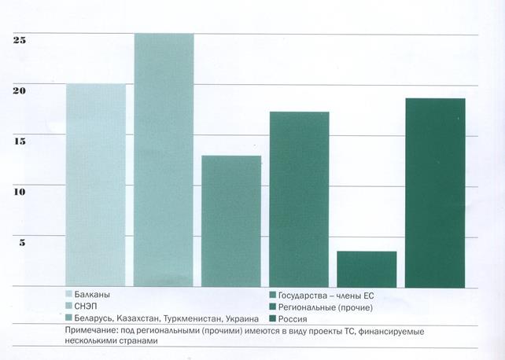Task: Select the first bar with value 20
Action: coord(96,185)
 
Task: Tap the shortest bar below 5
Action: coord(367,269)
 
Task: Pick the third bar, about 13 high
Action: coord(231,221)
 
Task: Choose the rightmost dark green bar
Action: coord(435,193)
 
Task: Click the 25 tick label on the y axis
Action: coord(19,40)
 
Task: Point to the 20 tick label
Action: coord(19,90)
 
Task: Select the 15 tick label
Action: coord(19,141)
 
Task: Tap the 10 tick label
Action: coord(19,192)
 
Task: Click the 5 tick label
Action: coord(22,242)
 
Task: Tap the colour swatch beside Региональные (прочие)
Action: coord(271,307)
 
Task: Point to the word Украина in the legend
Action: coord(240,319)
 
